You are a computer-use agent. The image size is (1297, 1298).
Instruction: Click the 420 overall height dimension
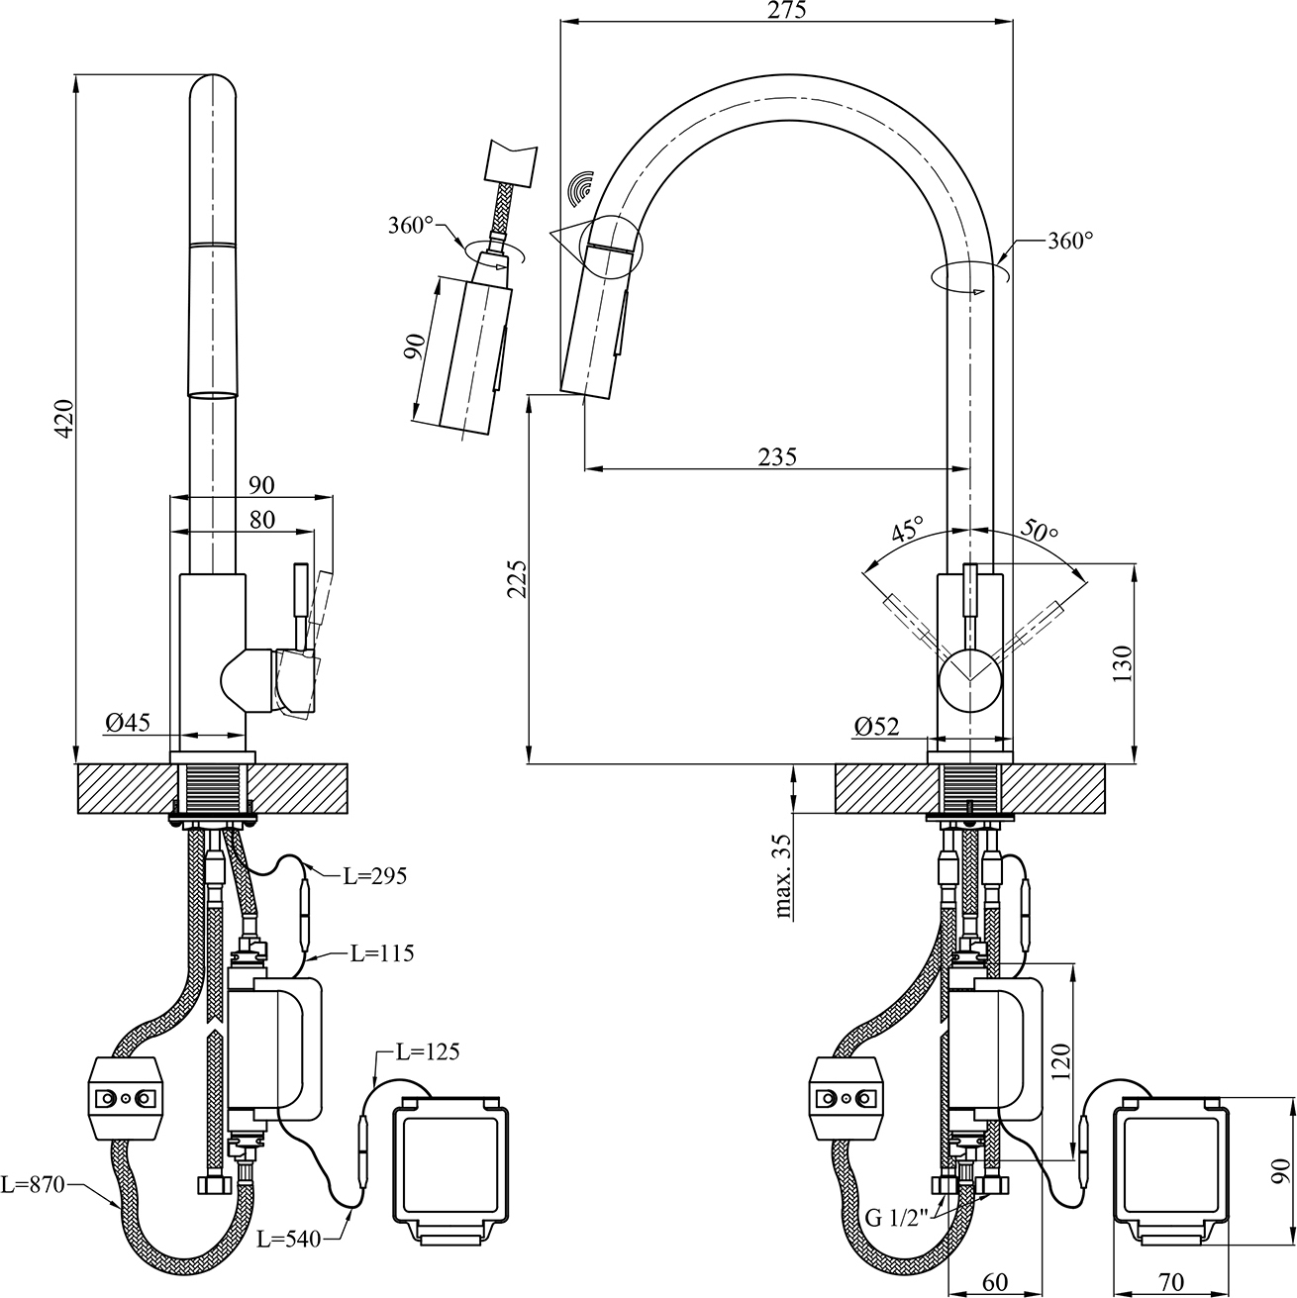[x=64, y=418]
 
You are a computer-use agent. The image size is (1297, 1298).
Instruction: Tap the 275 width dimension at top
[x=786, y=10]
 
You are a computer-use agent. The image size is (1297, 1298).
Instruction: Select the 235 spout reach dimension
[x=777, y=456]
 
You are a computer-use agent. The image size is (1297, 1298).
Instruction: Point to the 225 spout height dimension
[x=518, y=578]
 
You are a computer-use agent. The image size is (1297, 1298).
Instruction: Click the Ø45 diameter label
[x=128, y=723]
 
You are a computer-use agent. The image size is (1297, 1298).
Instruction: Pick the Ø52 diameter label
[x=876, y=727]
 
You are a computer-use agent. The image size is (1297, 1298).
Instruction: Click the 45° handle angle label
[x=908, y=530]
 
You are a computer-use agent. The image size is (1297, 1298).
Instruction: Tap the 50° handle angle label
[x=1039, y=530]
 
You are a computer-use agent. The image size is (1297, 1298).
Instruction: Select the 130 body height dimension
[x=1123, y=662]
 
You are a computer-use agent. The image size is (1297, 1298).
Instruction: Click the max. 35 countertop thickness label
[x=782, y=876]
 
